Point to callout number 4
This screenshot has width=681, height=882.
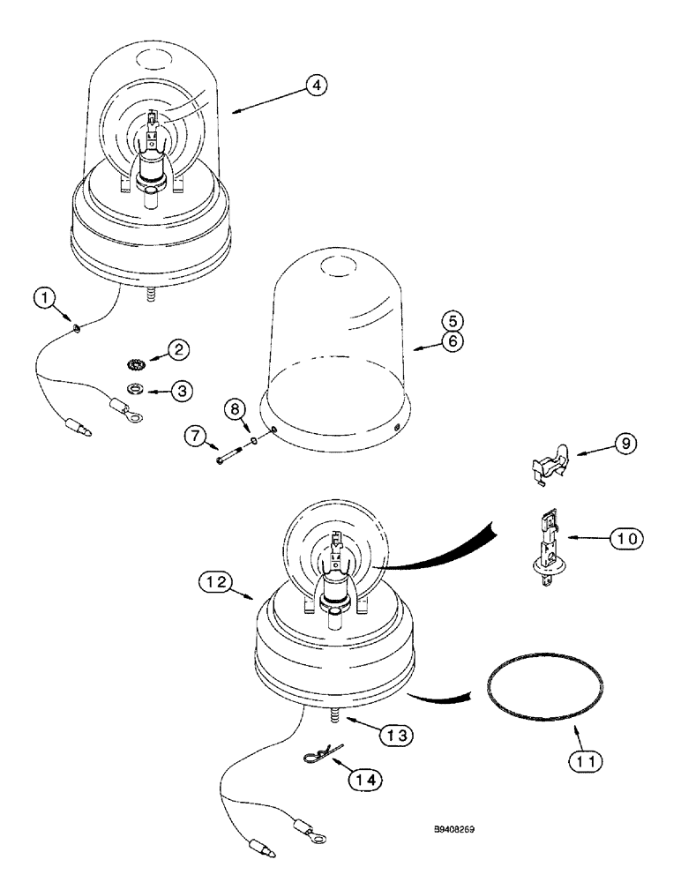pos(317,86)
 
